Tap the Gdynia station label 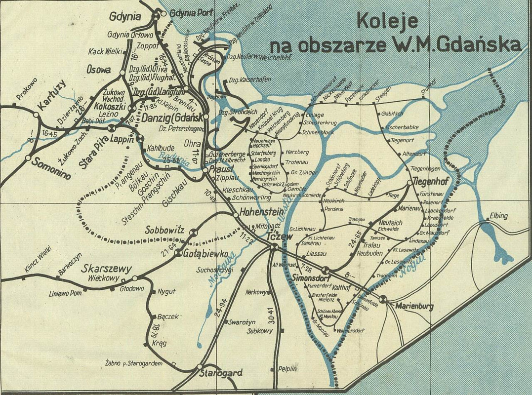click(x=125, y=16)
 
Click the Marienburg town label click(x=414, y=307)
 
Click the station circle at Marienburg click(x=383, y=298)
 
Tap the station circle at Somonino click(x=27, y=158)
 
